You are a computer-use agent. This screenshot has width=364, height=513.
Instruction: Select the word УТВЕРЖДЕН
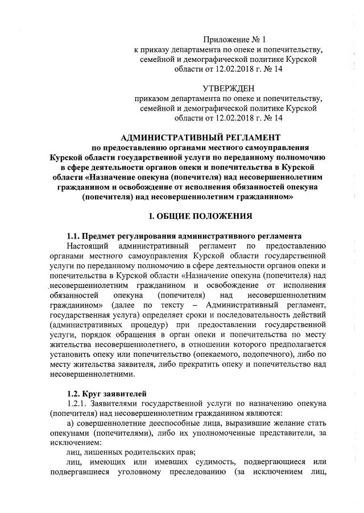229,88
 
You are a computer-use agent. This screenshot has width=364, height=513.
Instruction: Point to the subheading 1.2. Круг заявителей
106,393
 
